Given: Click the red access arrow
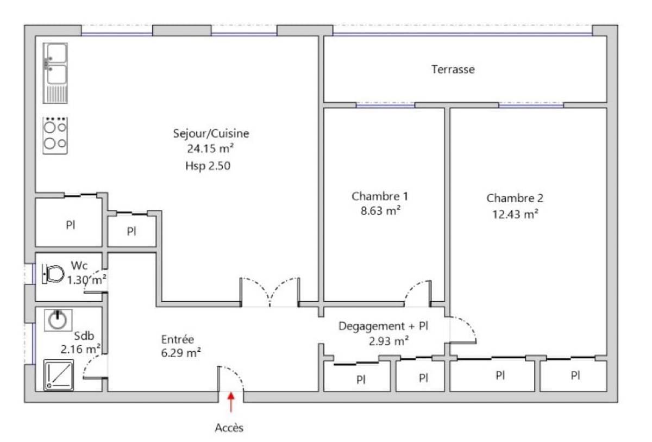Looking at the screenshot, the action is pos(231,402).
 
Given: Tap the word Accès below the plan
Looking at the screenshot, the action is pos(229,428).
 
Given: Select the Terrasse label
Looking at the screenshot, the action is pos(453,69).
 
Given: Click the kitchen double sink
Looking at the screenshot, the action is pos(55,73).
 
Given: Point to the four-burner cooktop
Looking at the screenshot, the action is pos(55,135).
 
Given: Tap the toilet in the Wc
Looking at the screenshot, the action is pos(53,273).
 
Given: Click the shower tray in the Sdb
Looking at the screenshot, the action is pos(59,375).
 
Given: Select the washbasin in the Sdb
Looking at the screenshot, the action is pos(58,320).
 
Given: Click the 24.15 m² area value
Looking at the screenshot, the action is pos(210,149).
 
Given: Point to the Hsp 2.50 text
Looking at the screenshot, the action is pos(208,166).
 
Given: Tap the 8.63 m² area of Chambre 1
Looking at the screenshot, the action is pos(380,210).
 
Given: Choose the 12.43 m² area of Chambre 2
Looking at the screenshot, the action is pos(515,214).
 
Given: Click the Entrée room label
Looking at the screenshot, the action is pos(178,339).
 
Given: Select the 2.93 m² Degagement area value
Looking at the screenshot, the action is pos(389,341).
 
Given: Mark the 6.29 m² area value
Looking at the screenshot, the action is pos(181,353).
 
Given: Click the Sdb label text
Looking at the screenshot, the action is pos(84,336).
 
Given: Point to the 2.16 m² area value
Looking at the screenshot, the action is pos(80,349).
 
